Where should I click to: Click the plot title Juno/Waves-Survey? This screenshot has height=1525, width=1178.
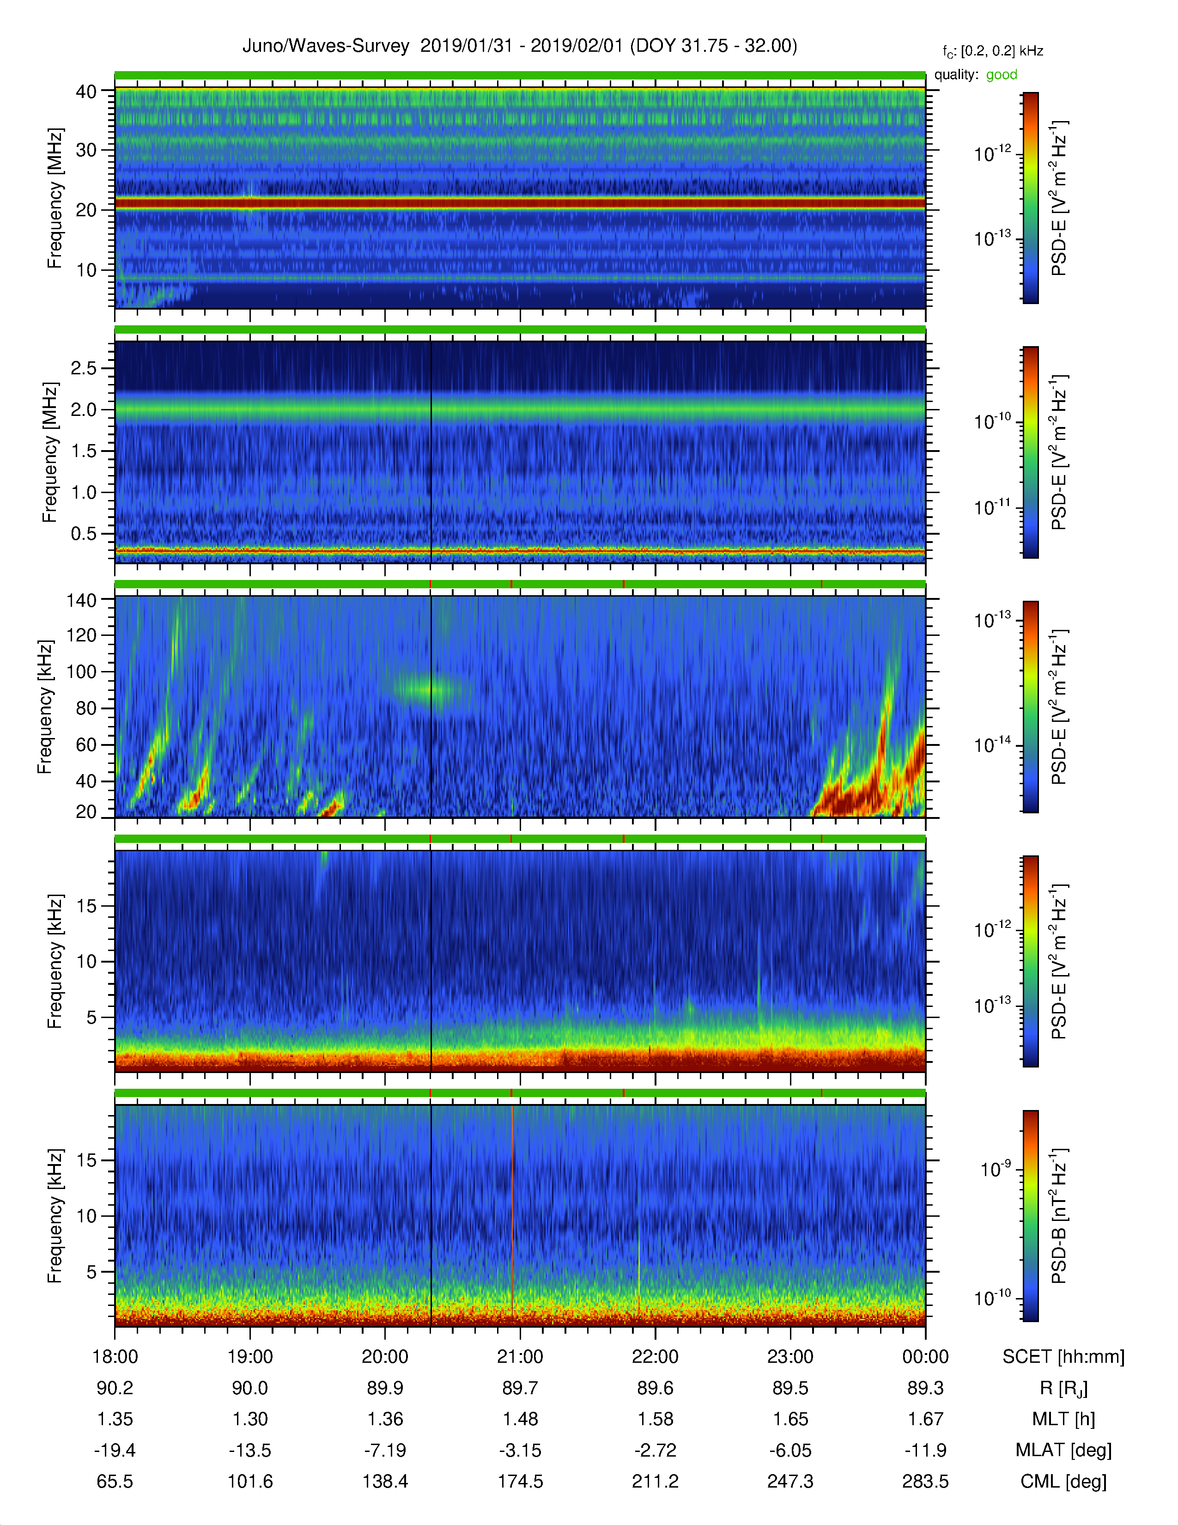[325, 46]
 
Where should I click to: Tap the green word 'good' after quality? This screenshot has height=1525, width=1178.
[1002, 75]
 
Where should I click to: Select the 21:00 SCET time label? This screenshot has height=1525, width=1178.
[520, 1357]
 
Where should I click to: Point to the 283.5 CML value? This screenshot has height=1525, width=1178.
[925, 1481]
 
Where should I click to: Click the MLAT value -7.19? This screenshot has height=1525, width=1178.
[385, 1450]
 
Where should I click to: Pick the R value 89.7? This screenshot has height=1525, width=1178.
[520, 1388]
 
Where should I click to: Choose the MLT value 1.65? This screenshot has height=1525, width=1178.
[790, 1419]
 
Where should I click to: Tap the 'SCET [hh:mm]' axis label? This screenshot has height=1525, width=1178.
[1063, 1357]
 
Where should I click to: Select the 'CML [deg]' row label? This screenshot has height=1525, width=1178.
[1063, 1482]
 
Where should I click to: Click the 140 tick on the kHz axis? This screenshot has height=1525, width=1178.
[82, 600]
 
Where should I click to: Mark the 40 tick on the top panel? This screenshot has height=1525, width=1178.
[86, 91]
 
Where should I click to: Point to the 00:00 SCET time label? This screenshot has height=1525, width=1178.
[925, 1357]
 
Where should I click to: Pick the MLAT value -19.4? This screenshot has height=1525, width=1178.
[115, 1450]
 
